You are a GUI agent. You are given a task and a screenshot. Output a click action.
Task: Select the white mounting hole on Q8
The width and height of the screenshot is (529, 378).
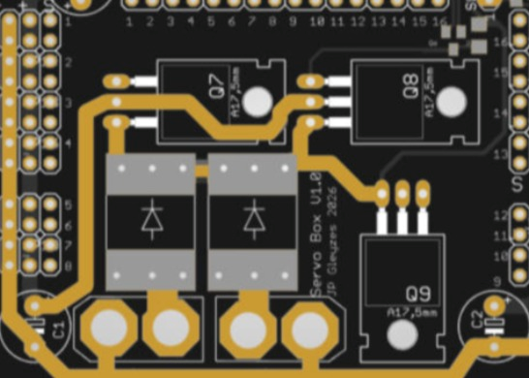451,101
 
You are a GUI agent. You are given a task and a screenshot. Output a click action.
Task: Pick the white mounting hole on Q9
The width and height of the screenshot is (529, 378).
400,334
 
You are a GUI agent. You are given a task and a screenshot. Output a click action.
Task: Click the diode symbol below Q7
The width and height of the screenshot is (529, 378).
151,220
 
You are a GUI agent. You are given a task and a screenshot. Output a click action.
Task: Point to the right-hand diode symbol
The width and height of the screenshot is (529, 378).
254,220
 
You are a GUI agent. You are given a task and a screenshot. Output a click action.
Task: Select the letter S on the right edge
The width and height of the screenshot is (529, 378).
515,183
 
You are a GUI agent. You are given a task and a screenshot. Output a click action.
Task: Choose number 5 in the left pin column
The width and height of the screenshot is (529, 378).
68,205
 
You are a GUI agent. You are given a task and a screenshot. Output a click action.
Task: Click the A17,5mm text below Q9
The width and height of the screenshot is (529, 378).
413,313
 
